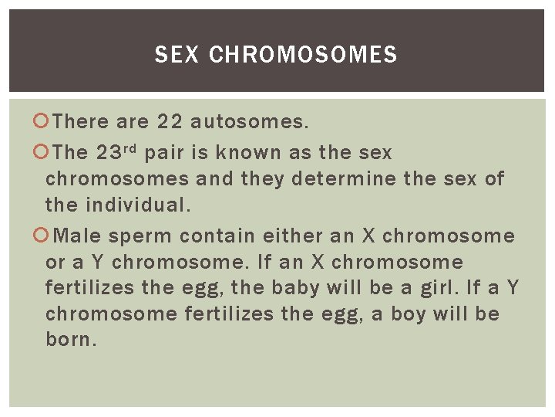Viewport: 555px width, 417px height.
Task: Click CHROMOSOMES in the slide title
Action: pos(303,55)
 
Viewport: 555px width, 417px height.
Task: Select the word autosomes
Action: pos(249,122)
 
